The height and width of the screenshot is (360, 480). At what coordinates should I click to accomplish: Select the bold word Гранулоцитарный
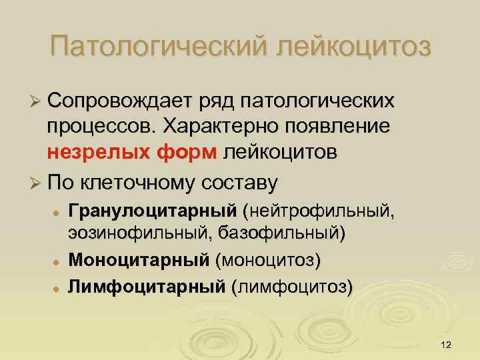tap(152, 211)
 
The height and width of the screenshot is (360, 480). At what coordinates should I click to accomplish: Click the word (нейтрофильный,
tap(319, 211)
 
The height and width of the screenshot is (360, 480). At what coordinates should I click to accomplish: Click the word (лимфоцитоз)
tap(291, 287)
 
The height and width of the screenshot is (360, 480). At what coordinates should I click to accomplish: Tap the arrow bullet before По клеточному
tap(35, 183)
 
